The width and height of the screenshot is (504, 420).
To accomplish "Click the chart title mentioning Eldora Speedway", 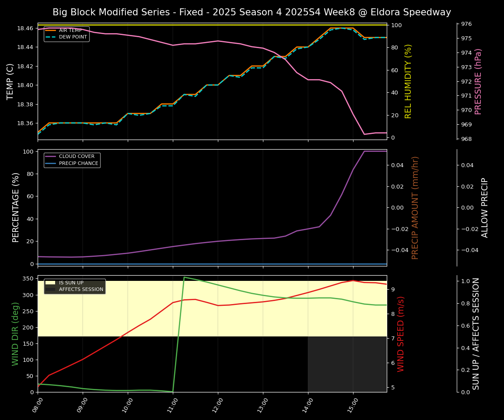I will click(252, 12).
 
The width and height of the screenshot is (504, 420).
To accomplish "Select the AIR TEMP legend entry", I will click(70, 30).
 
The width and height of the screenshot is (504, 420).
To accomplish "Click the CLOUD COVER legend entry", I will click(77, 157).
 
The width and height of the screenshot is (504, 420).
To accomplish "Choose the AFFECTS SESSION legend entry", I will click(81, 290).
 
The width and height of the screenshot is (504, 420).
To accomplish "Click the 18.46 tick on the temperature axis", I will click(25, 28).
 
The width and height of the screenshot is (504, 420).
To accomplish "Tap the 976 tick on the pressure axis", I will click(467, 24).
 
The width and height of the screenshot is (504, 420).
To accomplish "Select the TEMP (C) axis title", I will click(10, 81).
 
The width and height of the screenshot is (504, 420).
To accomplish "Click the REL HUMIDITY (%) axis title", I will click(408, 81).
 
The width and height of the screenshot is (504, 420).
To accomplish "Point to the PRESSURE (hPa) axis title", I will click(478, 81).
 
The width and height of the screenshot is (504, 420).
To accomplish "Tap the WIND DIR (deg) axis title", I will click(16, 334).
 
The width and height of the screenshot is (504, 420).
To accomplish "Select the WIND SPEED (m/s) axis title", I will click(401, 334).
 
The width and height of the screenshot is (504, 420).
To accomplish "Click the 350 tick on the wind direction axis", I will click(27, 279).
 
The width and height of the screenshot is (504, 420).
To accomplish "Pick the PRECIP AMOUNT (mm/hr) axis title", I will click(415, 207).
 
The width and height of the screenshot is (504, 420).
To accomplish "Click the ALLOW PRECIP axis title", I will click(485, 207).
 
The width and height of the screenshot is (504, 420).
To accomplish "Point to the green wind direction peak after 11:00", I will click(184, 277).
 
